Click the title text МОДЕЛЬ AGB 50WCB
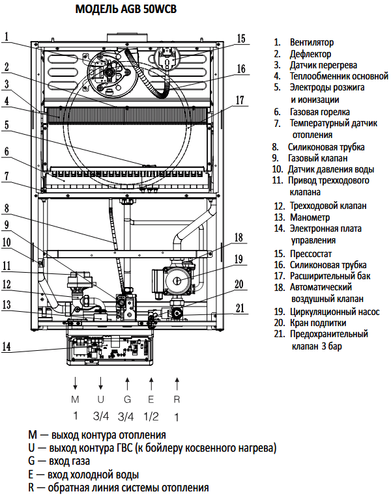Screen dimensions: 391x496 pos(126,9)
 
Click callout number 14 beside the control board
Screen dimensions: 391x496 pos(7,346)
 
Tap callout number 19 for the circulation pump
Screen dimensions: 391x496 pos(239,259)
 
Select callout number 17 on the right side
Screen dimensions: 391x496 pos(240,100)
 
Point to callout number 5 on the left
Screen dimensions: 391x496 pos(7,124)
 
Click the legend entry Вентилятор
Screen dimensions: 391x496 pos(311,42)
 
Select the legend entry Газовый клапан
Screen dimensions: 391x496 pos(317,158)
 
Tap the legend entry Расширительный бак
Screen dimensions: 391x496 pos(330,276)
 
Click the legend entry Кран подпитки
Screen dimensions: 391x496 pos(318,323)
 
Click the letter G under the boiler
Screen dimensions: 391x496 pos(127,399)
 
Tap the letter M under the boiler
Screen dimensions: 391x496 pos(75,399)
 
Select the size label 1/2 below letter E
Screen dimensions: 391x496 pos(151,417)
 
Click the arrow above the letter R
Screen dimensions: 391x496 pos(177,383)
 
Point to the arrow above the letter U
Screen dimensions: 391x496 pos(100,383)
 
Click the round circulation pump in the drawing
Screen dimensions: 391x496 pos(177,281)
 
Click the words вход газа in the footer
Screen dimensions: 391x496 pos(69,462)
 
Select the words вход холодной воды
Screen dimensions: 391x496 pos(93,475)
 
